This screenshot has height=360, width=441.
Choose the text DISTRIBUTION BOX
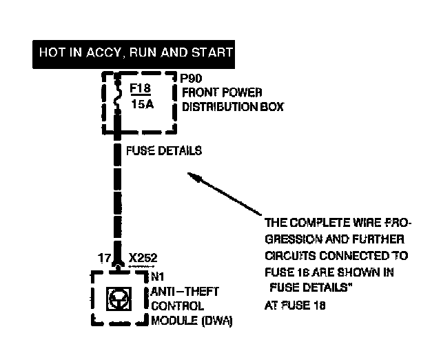(232, 107)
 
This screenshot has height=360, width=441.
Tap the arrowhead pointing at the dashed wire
(197, 179)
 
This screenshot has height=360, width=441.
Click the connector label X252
(143, 259)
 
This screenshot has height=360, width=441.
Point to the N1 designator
(156, 277)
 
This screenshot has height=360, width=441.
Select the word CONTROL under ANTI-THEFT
(176, 306)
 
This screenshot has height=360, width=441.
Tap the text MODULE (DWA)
(191, 321)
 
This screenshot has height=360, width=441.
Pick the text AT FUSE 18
(294, 304)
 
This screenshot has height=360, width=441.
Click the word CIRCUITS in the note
(288, 255)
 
